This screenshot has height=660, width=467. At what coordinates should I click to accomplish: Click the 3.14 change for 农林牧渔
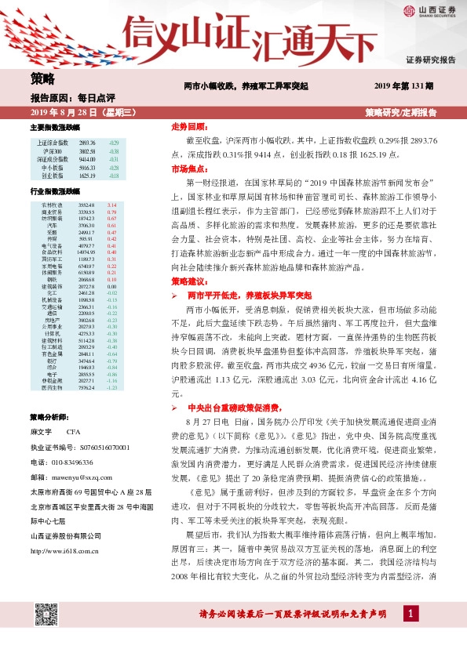111,205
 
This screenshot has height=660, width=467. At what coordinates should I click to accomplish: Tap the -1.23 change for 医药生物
111,387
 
